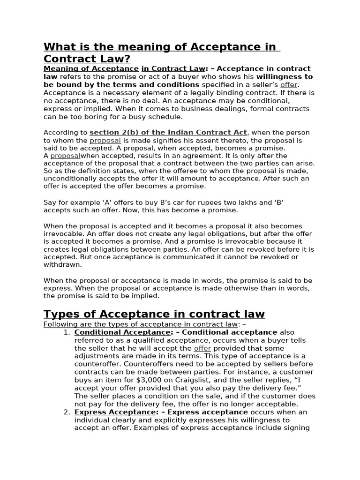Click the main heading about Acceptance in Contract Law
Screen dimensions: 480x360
161,52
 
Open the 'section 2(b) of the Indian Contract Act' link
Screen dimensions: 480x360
168,133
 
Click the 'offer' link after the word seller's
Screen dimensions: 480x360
289,85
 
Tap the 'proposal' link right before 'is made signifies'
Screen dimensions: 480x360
105,140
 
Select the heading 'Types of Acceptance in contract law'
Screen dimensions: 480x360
154,314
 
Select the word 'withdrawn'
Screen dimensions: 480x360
62,264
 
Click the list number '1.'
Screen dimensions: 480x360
66,332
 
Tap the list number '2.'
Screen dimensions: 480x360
66,412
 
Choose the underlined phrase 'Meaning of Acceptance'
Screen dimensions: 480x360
91,69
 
